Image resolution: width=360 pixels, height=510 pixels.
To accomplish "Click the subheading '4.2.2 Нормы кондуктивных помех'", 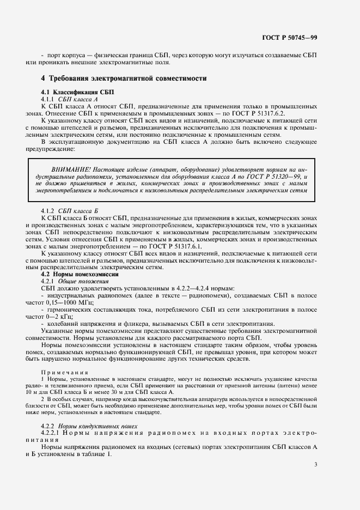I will tap(90, 426).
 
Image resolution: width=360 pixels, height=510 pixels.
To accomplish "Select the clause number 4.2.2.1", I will tap(53, 433).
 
